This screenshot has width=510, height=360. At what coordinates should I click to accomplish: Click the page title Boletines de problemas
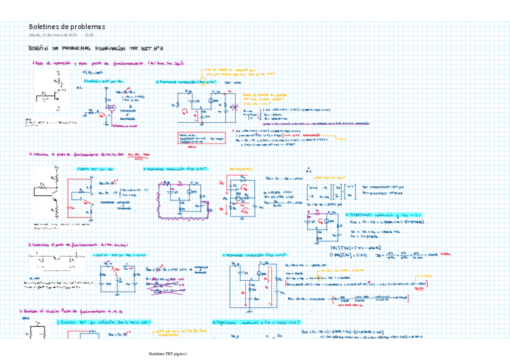(67, 27)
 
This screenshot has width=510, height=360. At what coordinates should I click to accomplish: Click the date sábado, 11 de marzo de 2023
(53, 35)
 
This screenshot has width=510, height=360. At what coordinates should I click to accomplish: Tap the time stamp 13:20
(88, 35)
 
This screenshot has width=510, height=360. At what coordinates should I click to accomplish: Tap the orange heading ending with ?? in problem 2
(241, 169)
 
